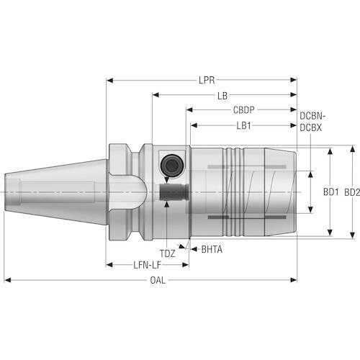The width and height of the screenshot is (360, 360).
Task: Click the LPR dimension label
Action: point(207,80)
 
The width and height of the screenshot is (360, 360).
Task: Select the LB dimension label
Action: point(222,96)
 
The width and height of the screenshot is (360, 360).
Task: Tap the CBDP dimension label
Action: point(243,110)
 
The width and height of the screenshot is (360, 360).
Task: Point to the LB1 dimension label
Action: point(243,125)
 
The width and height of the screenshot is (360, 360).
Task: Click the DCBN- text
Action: point(312,116)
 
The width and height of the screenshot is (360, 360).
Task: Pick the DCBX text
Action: point(310,127)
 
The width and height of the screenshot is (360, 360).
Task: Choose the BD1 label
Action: point(330,192)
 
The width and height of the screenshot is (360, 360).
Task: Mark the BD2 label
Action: point(352,192)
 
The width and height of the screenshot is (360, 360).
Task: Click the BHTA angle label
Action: point(212,250)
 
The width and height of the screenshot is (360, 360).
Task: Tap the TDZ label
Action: point(167,253)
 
